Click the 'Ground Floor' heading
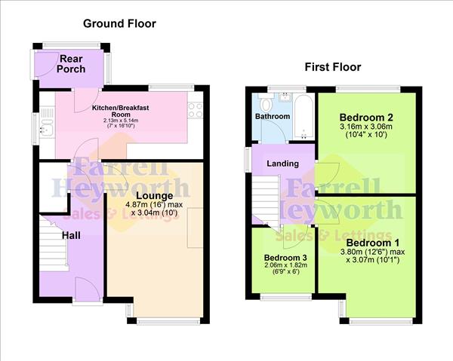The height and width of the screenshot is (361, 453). pyautogui.click(x=119, y=23)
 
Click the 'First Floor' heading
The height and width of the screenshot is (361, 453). pyautogui.click(x=332, y=67)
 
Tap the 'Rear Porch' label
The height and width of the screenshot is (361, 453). pyautogui.click(x=72, y=63)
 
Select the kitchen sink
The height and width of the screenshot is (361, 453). pyautogui.click(x=46, y=124)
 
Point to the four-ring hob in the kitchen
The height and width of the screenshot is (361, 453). pyautogui.click(x=196, y=110)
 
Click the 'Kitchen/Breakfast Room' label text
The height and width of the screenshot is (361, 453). pyautogui.click(x=121, y=112)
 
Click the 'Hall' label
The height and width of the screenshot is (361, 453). pyautogui.click(x=71, y=236)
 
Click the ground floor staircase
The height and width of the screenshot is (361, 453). pyautogui.click(x=54, y=241)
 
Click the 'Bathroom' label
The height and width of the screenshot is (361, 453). pyautogui.click(x=272, y=117)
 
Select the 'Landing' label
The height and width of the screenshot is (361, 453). pyautogui.click(x=283, y=164)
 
